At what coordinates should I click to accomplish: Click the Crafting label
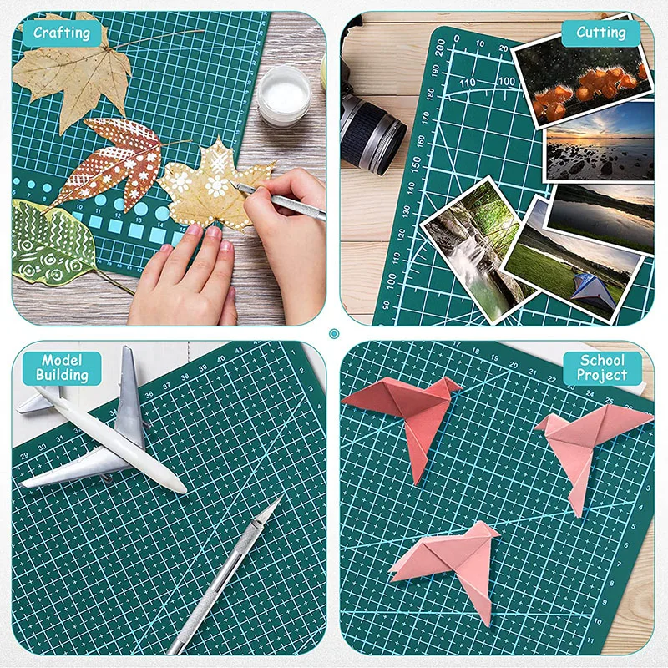point(61,33)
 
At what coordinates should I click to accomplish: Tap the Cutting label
point(600,33)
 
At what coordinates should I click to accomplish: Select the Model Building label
point(62,368)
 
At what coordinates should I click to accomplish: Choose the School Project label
point(603,368)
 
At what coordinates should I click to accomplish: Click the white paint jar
point(284,95)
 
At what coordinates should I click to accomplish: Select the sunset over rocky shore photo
point(600,142)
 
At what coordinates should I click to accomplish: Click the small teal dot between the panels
point(334,334)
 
